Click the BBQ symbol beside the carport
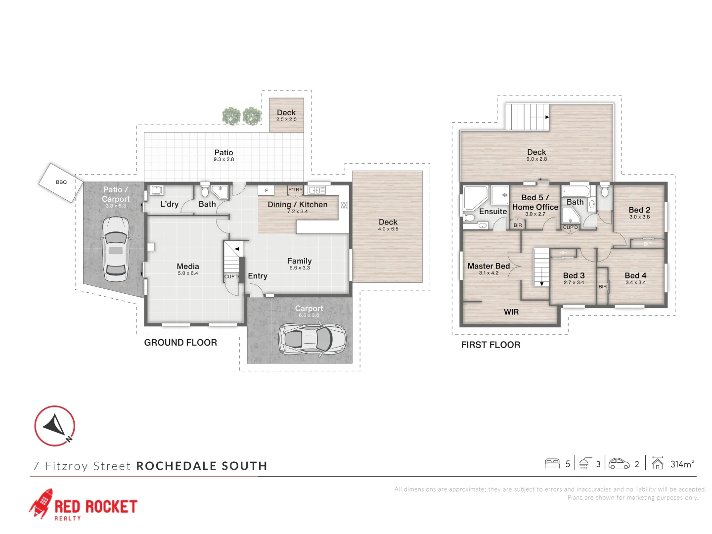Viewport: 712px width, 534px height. click(61, 182)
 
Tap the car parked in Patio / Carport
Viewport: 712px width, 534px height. click(116, 249)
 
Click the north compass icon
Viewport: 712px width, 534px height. click(54, 426)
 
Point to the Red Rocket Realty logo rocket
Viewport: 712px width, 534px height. click(41, 503)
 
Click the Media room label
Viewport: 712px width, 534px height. click(188, 267)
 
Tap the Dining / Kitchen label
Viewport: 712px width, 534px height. click(298, 205)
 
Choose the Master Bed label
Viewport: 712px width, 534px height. click(489, 266)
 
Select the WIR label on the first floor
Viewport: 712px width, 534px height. click(511, 312)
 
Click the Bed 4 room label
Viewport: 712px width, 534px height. click(635, 275)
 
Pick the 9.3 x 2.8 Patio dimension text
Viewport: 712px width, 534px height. click(224, 160)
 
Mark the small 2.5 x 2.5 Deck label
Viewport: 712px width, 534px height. click(286, 120)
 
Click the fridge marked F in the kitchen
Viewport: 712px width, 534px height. click(266, 190)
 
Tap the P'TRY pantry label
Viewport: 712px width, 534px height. click(295, 189)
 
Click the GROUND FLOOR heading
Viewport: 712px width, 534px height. click(180, 343)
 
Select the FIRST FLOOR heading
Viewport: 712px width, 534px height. click(490, 345)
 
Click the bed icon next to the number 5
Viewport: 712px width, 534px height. click(552, 464)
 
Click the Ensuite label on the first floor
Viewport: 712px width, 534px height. click(493, 212)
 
